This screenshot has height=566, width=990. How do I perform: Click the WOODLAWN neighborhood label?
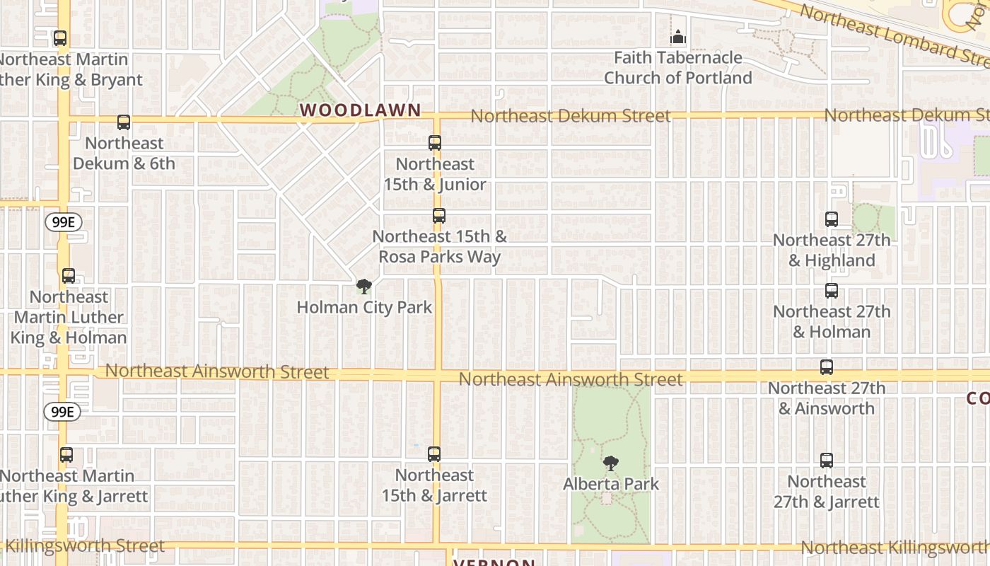point(361,110)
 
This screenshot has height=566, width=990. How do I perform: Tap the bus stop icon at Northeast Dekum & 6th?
point(124,122)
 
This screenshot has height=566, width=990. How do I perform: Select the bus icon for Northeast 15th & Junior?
point(435,143)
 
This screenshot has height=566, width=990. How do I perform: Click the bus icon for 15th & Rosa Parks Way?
point(439,216)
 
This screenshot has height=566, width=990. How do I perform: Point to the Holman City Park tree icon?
point(364,287)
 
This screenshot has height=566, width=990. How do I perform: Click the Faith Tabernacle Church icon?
point(678,37)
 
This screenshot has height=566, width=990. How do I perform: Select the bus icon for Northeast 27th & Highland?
point(832,219)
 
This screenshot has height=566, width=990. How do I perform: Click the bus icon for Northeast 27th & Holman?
point(832,291)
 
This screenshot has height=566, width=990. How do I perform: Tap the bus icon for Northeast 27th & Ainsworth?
point(827,367)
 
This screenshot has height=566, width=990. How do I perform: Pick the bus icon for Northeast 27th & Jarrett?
point(827,461)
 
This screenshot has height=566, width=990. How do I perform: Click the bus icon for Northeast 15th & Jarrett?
point(434,454)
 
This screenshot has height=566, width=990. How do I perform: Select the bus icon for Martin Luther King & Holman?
point(69,276)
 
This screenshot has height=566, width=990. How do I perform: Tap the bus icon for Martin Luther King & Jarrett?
point(66,455)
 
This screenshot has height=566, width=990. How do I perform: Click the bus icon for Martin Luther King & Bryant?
point(60,38)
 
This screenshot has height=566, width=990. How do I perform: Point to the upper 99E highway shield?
point(63,222)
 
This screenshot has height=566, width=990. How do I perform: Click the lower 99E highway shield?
point(62,411)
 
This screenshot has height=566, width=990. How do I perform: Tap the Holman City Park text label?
point(364,308)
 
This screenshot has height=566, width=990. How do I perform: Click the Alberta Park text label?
point(611,485)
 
